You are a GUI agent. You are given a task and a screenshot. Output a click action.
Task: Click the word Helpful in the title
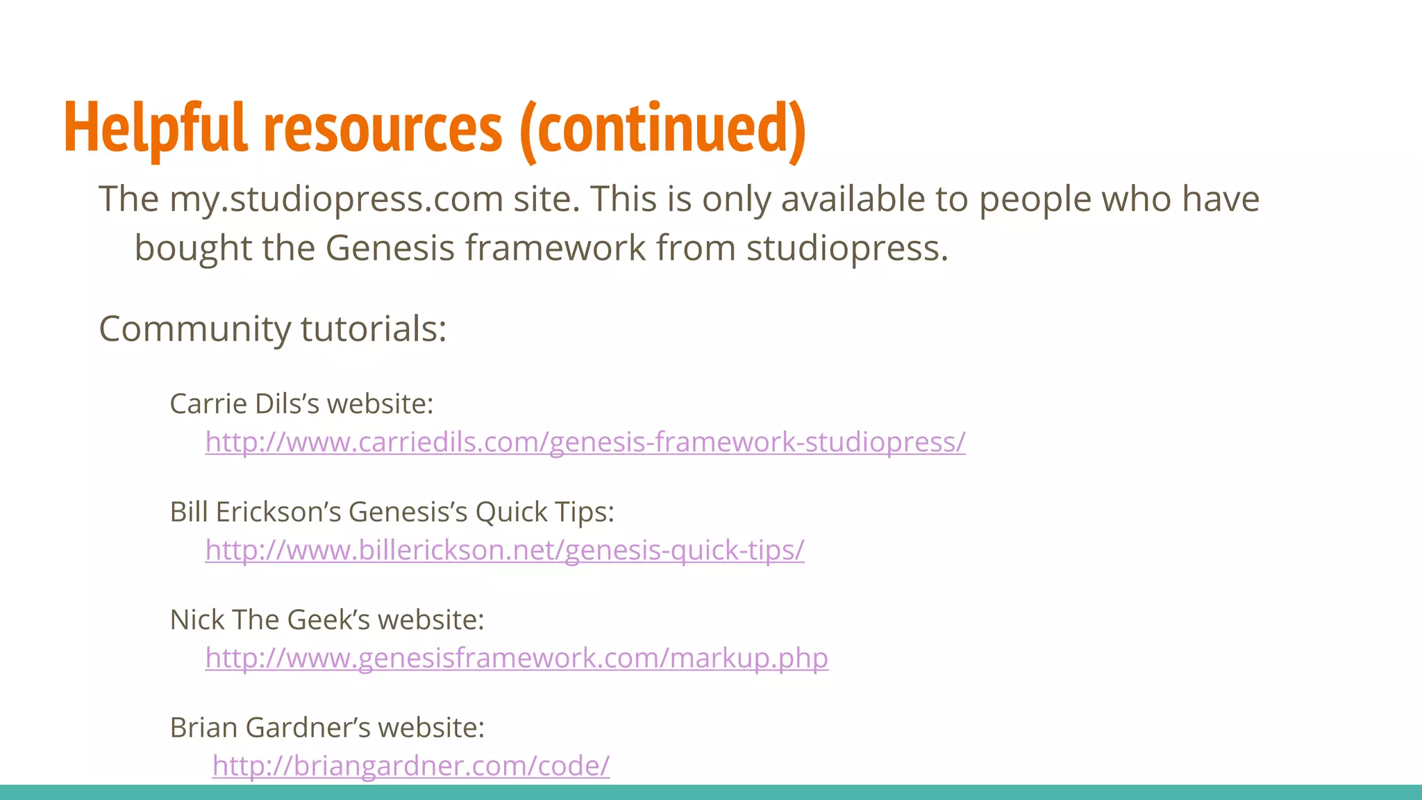pos(155,128)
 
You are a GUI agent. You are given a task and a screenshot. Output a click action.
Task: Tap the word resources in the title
pos(383,128)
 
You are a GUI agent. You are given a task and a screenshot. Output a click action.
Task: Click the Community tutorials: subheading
pos(272,328)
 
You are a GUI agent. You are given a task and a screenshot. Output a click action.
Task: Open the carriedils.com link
pos(585,442)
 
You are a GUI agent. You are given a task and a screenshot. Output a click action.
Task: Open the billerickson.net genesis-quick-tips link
pos(504,550)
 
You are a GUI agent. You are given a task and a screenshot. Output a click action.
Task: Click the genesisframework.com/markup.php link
pos(517,658)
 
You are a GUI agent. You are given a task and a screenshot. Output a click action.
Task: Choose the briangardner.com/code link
pos(411,765)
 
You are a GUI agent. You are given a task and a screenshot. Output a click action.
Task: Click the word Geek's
pos(330,619)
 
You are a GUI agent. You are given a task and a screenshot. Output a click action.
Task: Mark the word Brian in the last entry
pos(203,728)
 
